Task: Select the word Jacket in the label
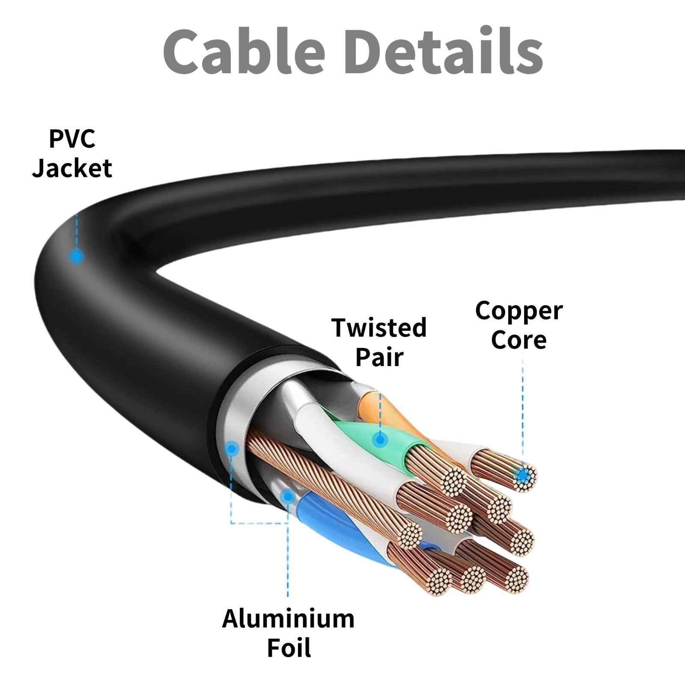tap(72, 168)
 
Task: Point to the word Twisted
tap(379, 328)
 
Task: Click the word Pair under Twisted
tap(379, 357)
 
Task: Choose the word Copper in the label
tap(518, 311)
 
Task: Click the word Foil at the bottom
tap(288, 648)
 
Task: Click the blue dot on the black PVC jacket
tap(77, 257)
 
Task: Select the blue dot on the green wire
tap(379, 439)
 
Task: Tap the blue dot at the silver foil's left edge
tap(232, 449)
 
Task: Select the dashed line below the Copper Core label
tap(523, 413)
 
